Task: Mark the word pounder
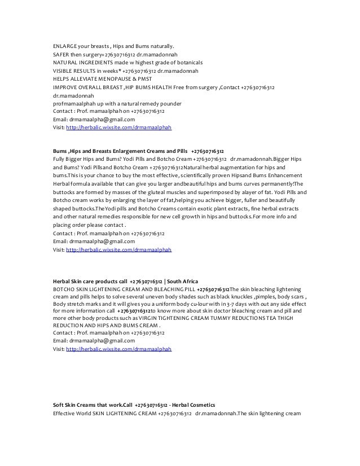coord(170,104)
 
